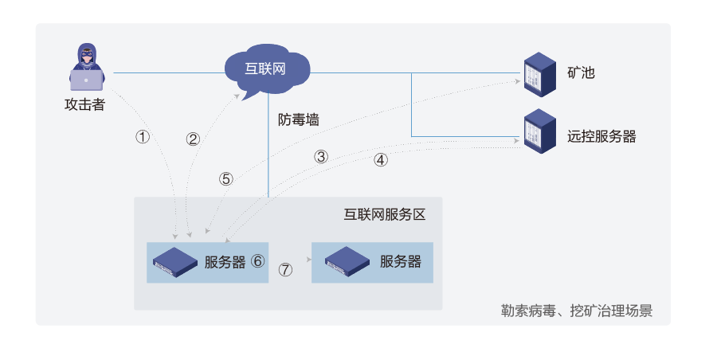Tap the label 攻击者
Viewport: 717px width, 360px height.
click(84, 104)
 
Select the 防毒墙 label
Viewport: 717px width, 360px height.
click(299, 119)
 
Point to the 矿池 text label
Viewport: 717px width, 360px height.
click(581, 73)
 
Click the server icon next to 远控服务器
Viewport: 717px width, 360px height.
click(539, 131)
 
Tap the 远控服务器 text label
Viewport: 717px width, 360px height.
click(601, 136)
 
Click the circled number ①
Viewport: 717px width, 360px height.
click(143, 137)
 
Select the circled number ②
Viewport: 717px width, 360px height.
click(193, 139)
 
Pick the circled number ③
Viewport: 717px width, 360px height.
click(321, 156)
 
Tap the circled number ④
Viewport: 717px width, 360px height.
click(381, 159)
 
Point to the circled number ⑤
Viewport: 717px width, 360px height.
click(226, 179)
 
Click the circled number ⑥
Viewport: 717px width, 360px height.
click(257, 261)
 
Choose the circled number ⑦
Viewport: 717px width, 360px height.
click(285, 269)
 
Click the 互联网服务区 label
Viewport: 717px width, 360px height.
click(386, 215)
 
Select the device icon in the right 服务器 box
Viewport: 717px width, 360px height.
click(347, 262)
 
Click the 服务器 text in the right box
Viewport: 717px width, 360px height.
click(401, 261)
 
